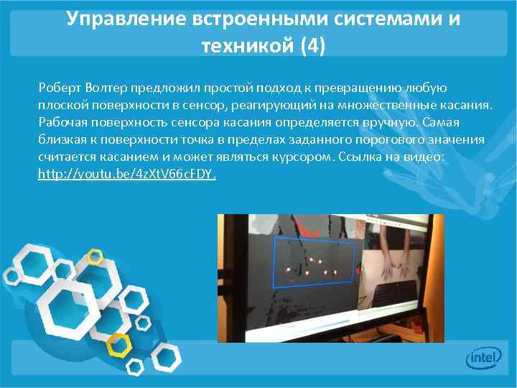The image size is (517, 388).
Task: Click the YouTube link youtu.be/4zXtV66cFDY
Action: [127, 174]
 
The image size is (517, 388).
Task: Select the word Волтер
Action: [106, 88]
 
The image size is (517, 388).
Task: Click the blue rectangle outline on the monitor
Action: [315, 262]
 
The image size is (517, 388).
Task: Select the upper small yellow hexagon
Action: [94, 256]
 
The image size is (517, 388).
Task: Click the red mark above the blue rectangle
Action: [308, 232]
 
